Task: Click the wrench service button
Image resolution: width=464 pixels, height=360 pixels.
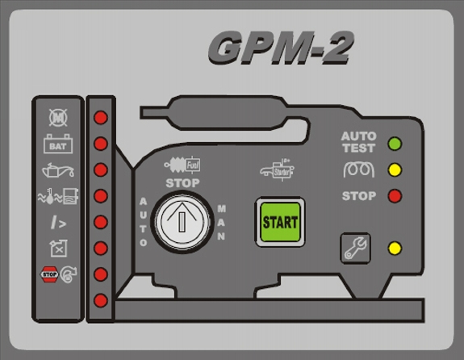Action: pos(355,248)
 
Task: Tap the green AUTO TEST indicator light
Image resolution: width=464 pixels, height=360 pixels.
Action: pos(395,144)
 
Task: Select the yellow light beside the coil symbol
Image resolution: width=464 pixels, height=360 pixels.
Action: pos(395,170)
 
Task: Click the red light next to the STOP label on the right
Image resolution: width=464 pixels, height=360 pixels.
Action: pos(395,196)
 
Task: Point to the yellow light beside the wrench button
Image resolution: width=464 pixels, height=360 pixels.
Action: pos(395,248)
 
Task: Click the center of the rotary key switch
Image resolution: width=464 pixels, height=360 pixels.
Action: pos(182,222)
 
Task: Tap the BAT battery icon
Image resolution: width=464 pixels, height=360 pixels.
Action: pos(58,144)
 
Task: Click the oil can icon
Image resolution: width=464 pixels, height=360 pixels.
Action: pos(58,170)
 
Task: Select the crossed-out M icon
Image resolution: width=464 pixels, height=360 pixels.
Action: pos(58,118)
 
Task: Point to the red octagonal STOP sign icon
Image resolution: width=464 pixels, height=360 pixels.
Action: pos(49,274)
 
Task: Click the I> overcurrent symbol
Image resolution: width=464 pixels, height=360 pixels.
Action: pos(58,222)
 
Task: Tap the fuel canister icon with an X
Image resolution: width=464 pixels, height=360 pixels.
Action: pos(59,248)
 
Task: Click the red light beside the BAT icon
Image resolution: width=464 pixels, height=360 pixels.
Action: pos(101,144)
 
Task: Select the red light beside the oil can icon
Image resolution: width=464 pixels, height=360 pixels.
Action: pos(101,170)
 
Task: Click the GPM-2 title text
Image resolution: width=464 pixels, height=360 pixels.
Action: pos(281,48)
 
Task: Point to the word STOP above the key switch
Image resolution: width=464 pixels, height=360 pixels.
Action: pos(182,183)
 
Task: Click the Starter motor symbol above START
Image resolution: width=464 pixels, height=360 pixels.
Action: pos(277,170)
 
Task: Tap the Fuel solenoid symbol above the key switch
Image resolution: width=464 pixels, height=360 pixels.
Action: pos(182,165)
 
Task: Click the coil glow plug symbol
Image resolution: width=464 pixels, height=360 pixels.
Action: pos(359,170)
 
